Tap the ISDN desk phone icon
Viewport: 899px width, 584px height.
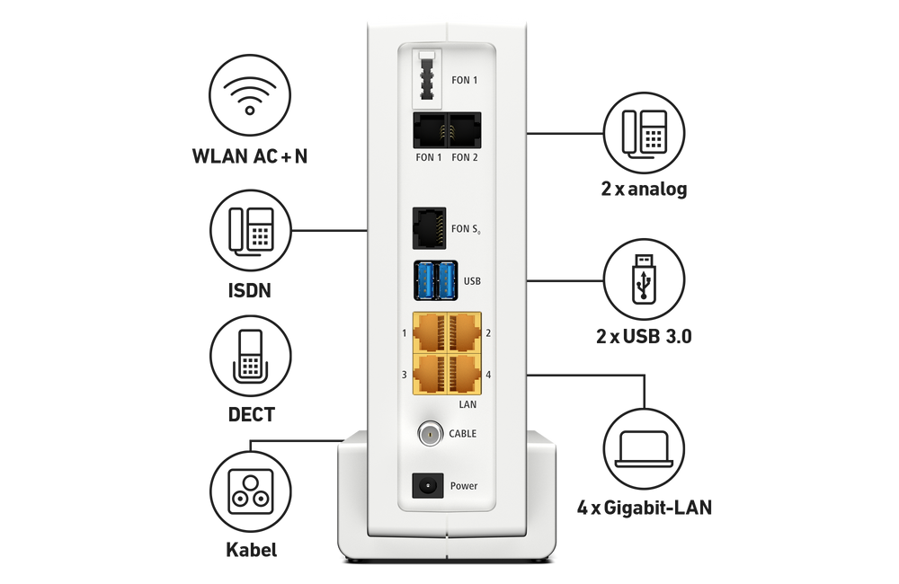[251, 231]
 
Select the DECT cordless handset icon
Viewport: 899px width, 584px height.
[251, 358]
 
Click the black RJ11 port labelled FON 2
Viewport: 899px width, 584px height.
[465, 131]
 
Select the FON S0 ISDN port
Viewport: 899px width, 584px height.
[429, 228]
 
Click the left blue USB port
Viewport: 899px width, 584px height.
[423, 280]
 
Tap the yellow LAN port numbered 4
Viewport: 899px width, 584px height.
[465, 374]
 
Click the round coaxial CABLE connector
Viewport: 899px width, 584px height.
[431, 435]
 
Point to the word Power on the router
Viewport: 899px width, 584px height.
[464, 486]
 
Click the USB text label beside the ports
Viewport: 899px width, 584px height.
[472, 281]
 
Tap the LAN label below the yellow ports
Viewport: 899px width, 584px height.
[467, 405]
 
